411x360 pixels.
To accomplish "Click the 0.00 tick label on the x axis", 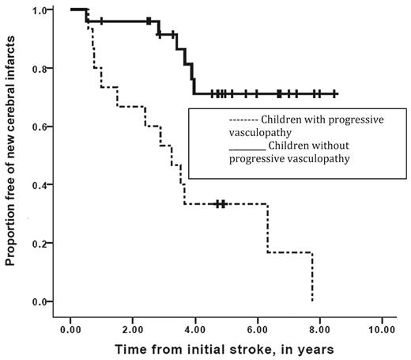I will [x=70, y=328].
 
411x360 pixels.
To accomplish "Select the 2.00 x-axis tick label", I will [x=133, y=328].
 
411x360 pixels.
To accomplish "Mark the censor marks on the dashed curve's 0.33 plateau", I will [x=221, y=204].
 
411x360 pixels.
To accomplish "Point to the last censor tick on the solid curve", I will [x=336, y=93].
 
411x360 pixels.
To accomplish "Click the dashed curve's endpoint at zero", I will [x=313, y=301].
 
